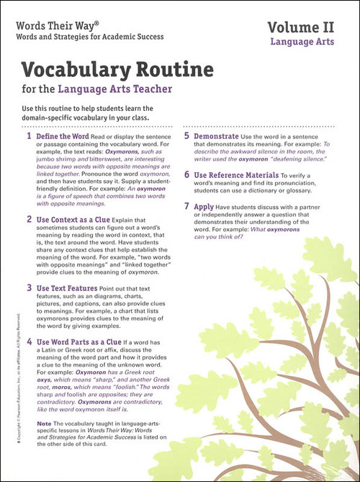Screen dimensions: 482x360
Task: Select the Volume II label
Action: tap(305, 27)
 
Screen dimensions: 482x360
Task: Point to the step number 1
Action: tap(29, 135)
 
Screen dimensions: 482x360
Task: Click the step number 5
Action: tap(186, 135)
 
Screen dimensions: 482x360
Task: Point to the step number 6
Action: tap(186, 174)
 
